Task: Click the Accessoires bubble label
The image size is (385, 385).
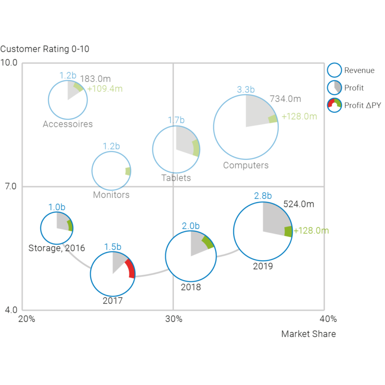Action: [68, 124]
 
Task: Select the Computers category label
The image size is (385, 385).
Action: [246, 165]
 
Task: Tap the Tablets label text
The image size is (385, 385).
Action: [176, 178]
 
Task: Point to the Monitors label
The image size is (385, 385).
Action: [111, 195]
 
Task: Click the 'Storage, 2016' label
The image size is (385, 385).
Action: [57, 248]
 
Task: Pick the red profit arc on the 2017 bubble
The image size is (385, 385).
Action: [130, 269]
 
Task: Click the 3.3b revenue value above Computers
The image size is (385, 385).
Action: [246, 90]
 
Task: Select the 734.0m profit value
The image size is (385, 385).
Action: [285, 99]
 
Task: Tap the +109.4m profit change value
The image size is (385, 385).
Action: [105, 89]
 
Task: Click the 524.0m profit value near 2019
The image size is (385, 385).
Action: [299, 204]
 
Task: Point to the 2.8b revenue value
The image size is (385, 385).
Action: [263, 196]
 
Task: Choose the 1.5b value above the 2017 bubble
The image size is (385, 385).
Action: [113, 247]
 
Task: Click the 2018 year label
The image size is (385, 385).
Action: [190, 287]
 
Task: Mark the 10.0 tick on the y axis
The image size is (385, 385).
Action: [9, 63]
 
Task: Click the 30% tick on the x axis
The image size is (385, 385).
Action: [173, 319]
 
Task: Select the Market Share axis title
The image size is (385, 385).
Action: [308, 334]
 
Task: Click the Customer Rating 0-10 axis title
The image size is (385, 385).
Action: [45, 49]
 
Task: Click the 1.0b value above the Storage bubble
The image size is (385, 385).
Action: [57, 207]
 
